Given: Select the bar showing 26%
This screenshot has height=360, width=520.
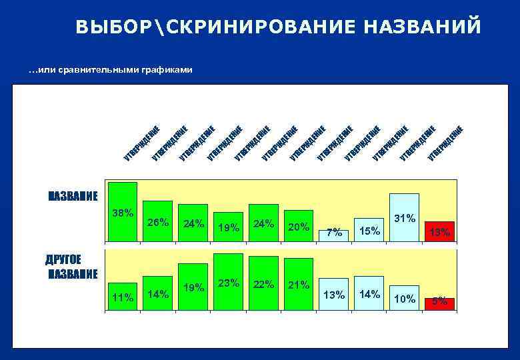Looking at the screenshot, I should coord(158,221).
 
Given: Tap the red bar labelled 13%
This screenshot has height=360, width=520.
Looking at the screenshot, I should coord(440,231).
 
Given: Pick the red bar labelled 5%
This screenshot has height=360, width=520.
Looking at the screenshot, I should coord(440,303).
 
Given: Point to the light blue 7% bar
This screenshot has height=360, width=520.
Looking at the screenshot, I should coord(333,234).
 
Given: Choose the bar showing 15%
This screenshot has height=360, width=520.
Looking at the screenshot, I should coord(369,229).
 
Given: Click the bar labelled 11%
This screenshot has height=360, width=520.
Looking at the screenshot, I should coord(123,297).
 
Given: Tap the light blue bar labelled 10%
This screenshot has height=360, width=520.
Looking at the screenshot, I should coord(404,299).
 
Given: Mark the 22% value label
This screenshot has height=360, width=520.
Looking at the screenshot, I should coord(263,284).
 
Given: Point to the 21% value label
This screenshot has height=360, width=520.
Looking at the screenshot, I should coord(298,285).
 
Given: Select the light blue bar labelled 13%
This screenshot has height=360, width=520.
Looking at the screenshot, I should coord(333,294).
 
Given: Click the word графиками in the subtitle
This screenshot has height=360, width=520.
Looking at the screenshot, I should coord(165,70).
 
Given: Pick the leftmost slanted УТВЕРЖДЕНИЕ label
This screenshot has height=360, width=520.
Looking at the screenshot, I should coord(141,143).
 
